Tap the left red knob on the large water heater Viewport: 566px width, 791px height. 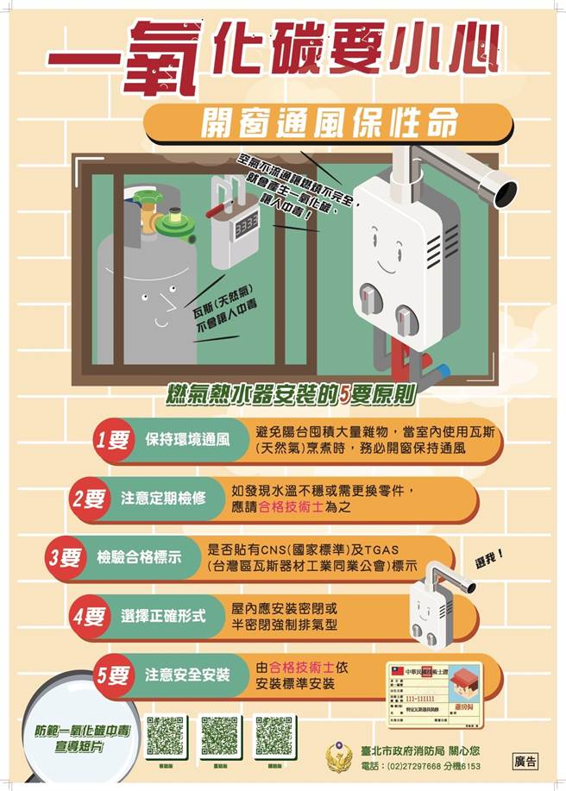pos(368,303)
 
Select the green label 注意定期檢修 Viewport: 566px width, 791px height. pos(163,499)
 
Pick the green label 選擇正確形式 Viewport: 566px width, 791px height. pos(163,615)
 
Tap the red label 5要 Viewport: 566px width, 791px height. pos(113,675)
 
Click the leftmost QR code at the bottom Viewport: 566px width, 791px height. pos(166,736)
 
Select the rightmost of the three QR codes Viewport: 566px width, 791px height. pos(275,736)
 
